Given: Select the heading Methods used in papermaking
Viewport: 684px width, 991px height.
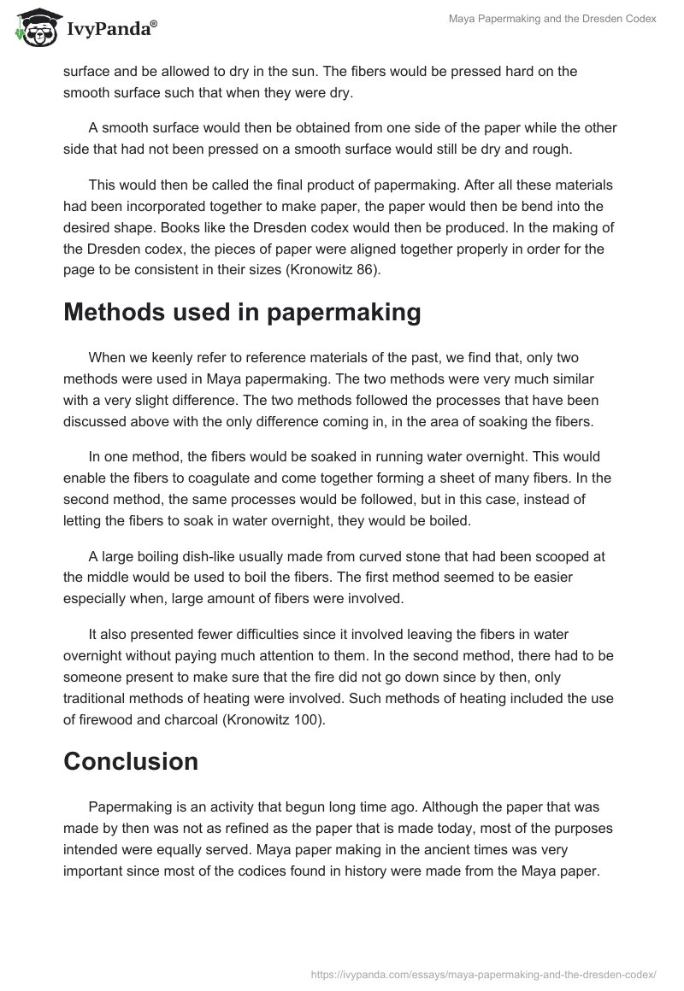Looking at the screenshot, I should [242, 313].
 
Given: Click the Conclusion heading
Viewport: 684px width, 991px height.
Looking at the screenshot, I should [131, 761].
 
